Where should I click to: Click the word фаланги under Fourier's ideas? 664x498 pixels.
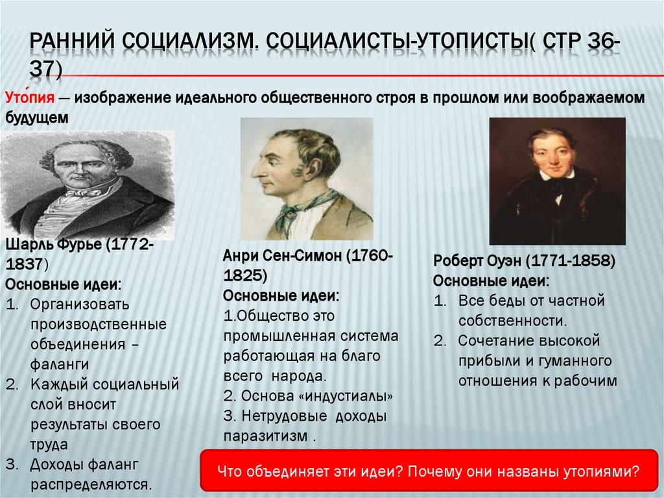click(x=59, y=364)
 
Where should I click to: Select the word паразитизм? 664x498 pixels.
click(x=265, y=436)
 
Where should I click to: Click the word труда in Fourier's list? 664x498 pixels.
click(x=49, y=445)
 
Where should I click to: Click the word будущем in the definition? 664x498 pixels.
click(x=36, y=119)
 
